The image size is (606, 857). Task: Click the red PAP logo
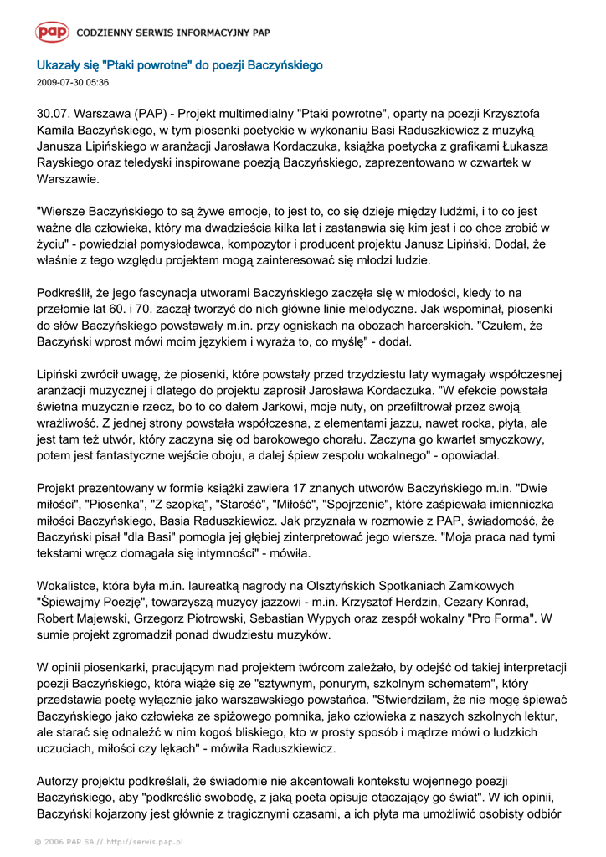pos(52,33)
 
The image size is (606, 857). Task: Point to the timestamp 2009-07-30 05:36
pos(73,83)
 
